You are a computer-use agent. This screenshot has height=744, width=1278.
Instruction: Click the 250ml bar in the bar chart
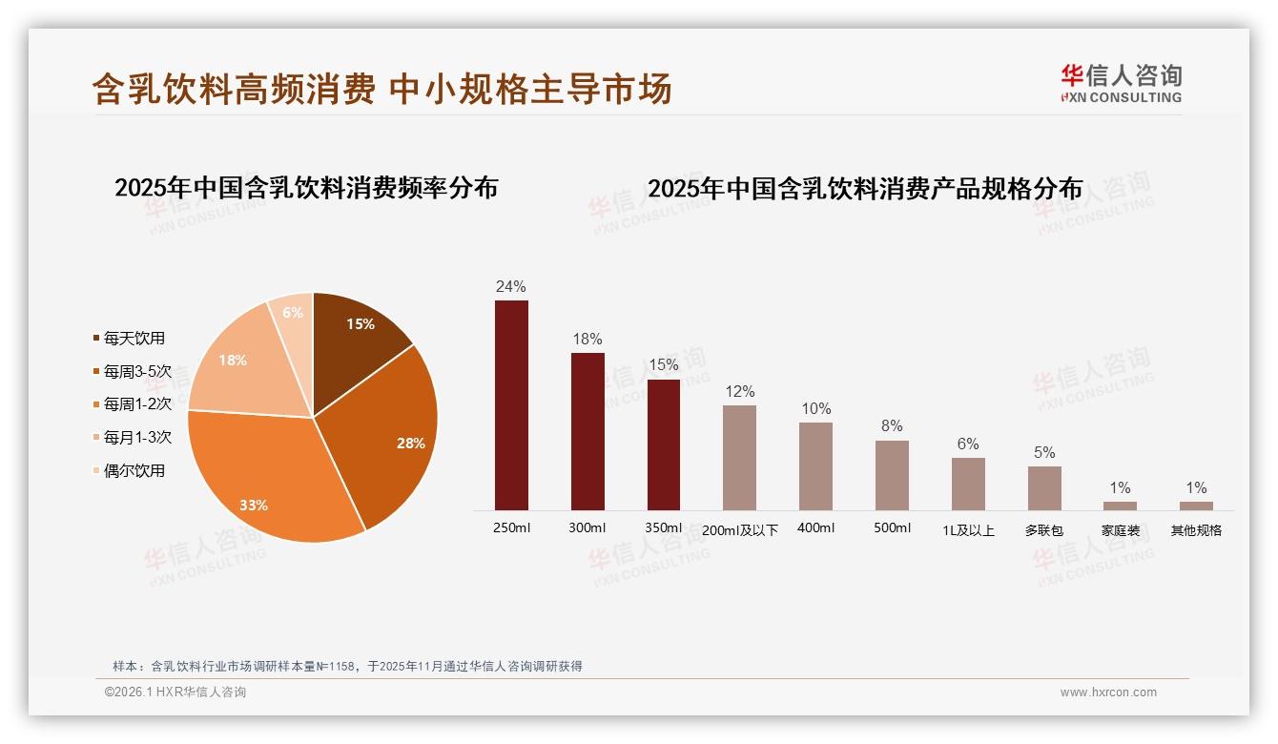click(x=511, y=405)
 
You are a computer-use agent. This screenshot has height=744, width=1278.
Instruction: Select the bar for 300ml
click(x=587, y=431)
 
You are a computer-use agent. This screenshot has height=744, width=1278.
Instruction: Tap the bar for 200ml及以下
click(x=739, y=458)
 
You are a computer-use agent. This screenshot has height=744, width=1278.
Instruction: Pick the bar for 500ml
click(x=892, y=475)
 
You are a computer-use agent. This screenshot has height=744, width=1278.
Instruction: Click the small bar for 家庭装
click(x=1120, y=506)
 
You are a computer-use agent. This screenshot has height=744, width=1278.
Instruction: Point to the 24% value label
click(x=511, y=286)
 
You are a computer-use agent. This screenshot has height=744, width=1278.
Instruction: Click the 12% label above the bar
click(x=739, y=391)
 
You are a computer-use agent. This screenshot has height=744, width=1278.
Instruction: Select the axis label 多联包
click(x=1043, y=530)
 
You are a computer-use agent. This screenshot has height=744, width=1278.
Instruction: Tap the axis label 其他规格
click(x=1196, y=530)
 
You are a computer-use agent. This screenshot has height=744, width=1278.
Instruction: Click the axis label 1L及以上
click(x=968, y=530)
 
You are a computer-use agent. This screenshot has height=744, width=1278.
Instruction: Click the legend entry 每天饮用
click(x=134, y=339)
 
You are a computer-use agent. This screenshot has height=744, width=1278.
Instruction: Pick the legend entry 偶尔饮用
click(x=134, y=470)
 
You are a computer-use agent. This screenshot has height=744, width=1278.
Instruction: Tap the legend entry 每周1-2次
click(x=137, y=404)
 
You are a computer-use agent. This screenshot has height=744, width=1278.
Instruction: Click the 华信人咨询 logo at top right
click(x=1121, y=83)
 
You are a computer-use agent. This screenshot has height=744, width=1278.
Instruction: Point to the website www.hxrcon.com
click(x=1108, y=692)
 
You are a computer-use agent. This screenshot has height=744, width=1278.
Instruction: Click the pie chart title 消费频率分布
click(x=306, y=188)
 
